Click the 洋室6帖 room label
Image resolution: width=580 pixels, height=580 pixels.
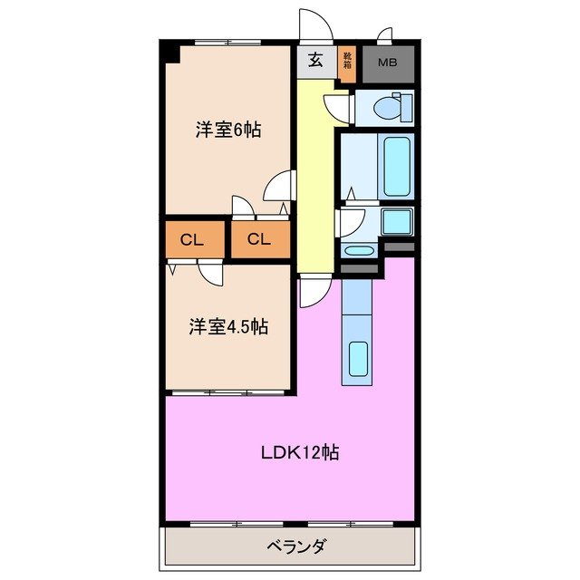pos(228,130)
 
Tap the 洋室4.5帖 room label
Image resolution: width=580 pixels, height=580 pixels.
pos(227,327)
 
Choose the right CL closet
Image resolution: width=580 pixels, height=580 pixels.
pos(259,239)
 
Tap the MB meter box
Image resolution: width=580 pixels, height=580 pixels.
pos(388,63)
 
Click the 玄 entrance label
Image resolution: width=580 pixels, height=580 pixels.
pos(315,61)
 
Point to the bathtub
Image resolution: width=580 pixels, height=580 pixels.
pos(398,167)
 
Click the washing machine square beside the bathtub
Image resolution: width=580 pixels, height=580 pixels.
pos(397,220)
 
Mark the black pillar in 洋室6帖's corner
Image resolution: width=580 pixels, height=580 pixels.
pos(170,53)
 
